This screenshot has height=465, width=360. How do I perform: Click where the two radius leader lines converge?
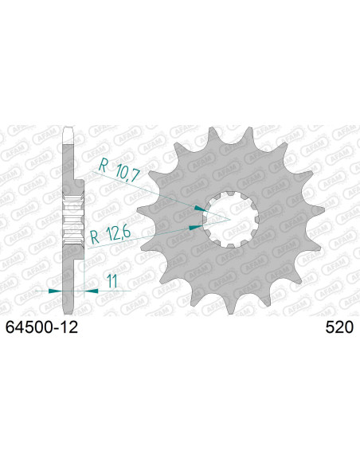pos(230,217)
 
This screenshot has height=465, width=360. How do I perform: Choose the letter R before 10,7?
pos(101,167)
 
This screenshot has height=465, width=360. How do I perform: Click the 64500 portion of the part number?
pos(31,326)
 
